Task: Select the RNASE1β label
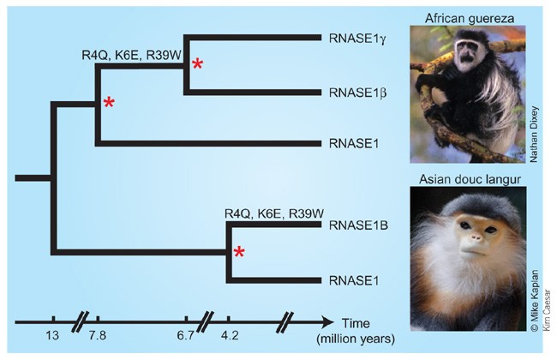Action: click(352, 92)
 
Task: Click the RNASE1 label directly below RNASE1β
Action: click(349, 143)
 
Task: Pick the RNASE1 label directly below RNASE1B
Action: click(349, 279)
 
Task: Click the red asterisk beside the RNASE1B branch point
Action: click(241, 252)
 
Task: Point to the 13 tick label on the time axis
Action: click(52, 336)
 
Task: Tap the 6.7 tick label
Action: click(186, 336)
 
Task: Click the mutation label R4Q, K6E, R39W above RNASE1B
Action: click(273, 213)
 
